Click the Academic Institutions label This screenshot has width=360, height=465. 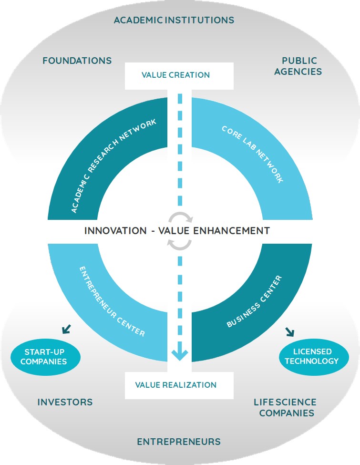[174, 20]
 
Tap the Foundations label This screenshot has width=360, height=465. [77, 61]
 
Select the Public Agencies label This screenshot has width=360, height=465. [298, 66]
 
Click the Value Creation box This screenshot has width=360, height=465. [179, 76]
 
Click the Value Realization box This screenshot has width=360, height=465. [179, 385]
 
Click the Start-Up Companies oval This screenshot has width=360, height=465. [45, 357]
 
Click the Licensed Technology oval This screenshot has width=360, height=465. [314, 357]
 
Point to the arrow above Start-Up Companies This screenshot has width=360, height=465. [67, 329]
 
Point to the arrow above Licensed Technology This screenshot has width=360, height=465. [290, 332]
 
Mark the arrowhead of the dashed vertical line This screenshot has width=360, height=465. [180, 354]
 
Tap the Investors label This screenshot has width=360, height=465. [65, 403]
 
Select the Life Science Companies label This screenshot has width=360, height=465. [285, 407]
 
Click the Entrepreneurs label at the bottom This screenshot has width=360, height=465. [179, 442]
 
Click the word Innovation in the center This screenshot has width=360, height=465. [116, 231]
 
